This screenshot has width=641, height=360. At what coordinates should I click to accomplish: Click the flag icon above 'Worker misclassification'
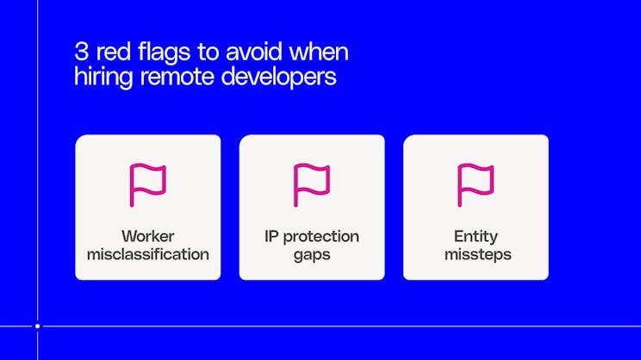click(x=147, y=184)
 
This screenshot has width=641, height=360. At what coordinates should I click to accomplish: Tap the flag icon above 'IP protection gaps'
click(x=312, y=184)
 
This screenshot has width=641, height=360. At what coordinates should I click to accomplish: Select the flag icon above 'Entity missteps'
click(x=476, y=184)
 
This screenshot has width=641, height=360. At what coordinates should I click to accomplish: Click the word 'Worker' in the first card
click(x=147, y=236)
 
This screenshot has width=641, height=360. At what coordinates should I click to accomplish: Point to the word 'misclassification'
click(x=147, y=255)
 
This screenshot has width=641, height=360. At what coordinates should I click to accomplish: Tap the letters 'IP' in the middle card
click(x=272, y=236)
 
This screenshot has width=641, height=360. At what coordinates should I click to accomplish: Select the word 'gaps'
click(x=312, y=255)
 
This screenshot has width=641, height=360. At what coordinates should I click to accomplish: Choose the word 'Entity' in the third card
click(x=476, y=236)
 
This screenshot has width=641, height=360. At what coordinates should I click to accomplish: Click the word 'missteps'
click(x=476, y=255)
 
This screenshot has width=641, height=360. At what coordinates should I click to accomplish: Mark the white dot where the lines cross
click(x=37, y=326)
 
